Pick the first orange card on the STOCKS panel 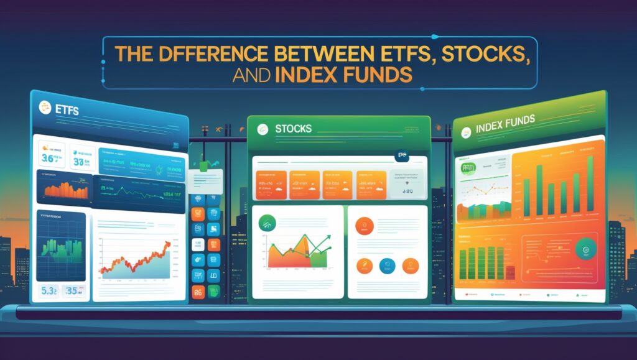269,185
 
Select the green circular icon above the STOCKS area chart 268,222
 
